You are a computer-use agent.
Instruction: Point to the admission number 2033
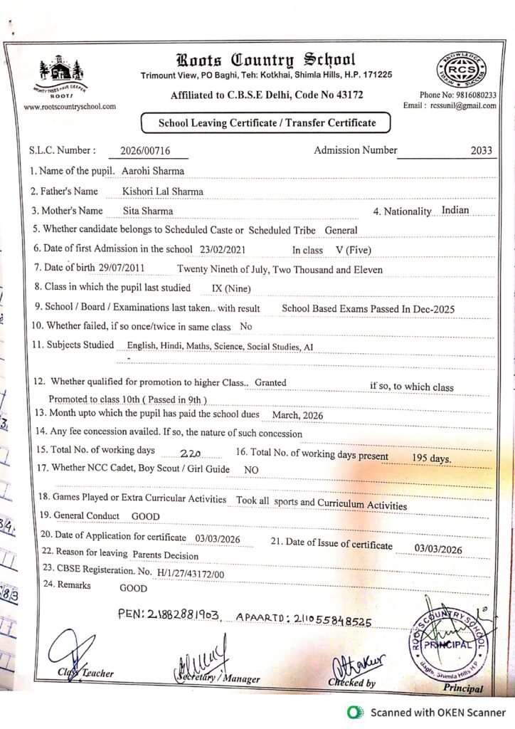point(482,150)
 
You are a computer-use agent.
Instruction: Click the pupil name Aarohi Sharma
point(153,171)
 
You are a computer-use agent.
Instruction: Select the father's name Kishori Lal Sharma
point(162,192)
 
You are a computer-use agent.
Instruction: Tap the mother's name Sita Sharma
point(147,211)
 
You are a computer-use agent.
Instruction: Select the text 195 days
point(432,458)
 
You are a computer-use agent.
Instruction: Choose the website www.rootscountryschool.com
point(70,107)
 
